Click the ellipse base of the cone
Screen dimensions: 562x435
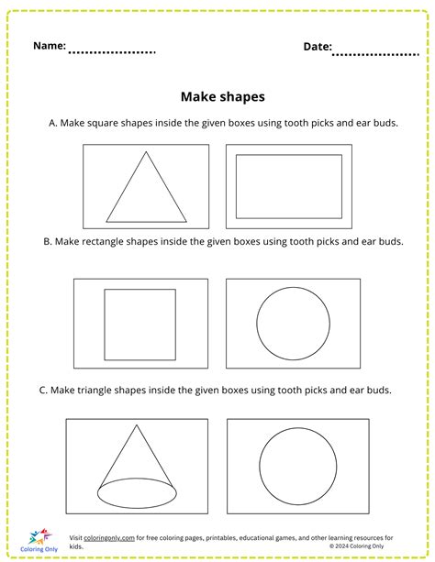pos(138,493)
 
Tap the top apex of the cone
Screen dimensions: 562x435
pos(136,424)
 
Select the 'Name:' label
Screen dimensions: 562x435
pos(50,45)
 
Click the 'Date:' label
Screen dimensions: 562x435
pos(318,46)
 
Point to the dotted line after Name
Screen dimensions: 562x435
pos(112,51)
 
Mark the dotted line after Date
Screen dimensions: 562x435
pos(376,53)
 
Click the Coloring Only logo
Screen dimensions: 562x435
pos(37,539)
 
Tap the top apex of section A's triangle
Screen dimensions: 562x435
pos(142,152)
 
